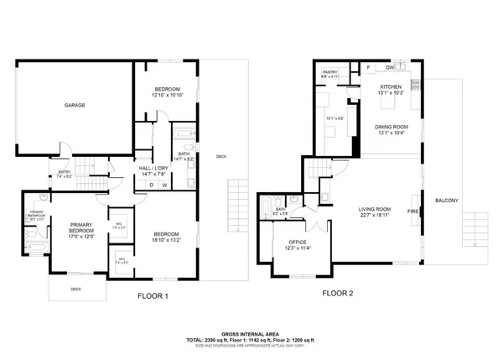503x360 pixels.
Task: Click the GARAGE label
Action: [76, 106]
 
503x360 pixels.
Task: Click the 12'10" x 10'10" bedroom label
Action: [167, 92]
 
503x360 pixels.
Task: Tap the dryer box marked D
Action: [151, 185]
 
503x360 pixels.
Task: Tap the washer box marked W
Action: [164, 185]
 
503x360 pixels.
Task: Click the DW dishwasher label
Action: [390, 67]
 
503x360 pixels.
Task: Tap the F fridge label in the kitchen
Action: [367, 67]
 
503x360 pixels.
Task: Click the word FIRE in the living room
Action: [413, 211]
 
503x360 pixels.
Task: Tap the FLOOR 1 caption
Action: [153, 295]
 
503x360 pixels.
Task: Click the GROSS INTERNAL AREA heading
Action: [251, 333]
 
